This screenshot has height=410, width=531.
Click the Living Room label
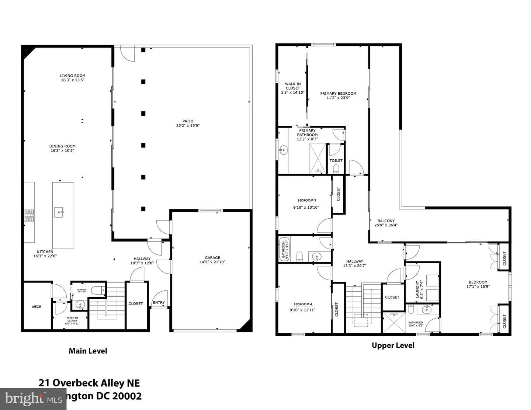73,76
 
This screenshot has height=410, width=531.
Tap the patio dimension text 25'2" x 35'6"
188,126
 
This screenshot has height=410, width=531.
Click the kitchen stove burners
29,215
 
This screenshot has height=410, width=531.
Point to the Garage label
212,258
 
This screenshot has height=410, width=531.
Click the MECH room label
37,307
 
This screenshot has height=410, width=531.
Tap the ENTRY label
159,303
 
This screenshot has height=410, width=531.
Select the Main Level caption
88,351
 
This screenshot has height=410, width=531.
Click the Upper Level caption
393,345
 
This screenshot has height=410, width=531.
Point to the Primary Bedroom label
338,93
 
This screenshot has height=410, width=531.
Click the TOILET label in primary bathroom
336,160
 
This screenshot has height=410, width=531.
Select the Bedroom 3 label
306,201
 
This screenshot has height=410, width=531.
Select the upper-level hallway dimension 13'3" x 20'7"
354,266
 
